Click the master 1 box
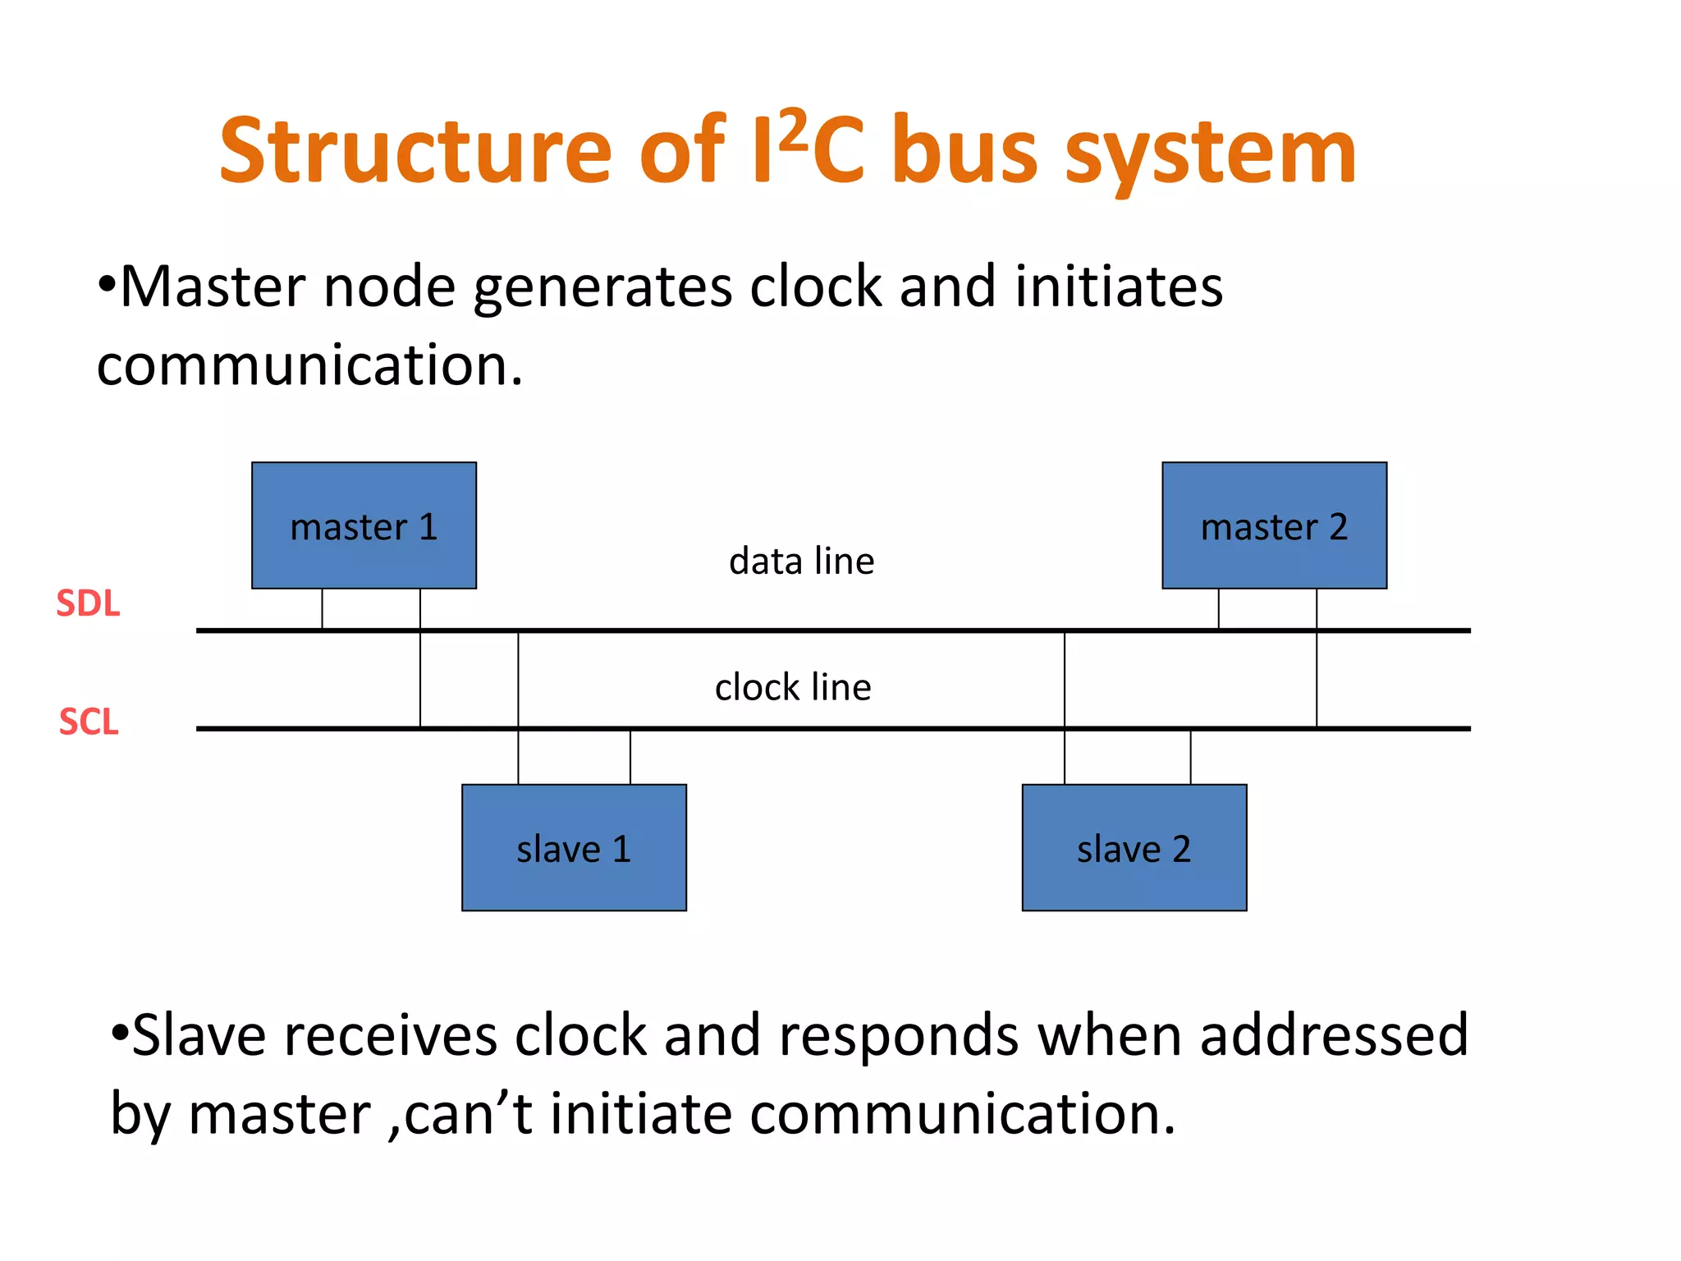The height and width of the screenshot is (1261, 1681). (364, 525)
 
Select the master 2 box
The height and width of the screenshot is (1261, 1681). (1274, 525)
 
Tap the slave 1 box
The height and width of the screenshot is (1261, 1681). (574, 847)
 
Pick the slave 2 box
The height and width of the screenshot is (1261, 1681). (1134, 847)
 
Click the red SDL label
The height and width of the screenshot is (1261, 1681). (88, 603)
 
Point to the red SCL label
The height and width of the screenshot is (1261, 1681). (89, 722)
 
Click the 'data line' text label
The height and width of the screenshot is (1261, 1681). (801, 562)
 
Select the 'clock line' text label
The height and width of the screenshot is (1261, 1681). (793, 687)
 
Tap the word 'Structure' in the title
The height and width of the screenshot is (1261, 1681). (415, 152)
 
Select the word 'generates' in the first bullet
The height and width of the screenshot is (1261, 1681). (602, 289)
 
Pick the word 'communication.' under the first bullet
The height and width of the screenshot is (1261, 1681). (309, 365)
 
